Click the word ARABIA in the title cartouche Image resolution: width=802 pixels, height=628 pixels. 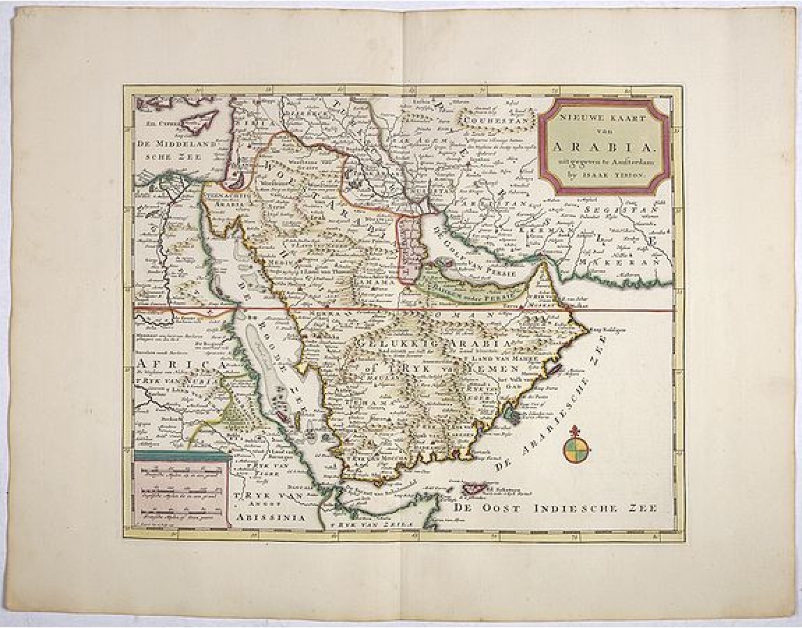pyautogui.click(x=603, y=147)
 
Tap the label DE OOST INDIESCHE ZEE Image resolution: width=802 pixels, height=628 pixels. pyautogui.click(x=556, y=508)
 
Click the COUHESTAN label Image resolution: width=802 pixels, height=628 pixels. pyautogui.click(x=499, y=126)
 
